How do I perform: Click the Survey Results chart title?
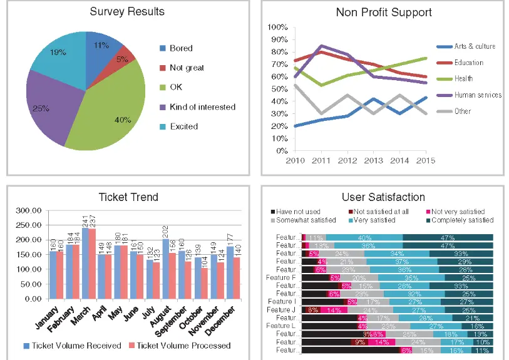pos(127,11)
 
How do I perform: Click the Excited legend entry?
pos(183,126)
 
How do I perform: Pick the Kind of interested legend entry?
pos(202,107)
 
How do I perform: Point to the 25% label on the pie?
pos(41,108)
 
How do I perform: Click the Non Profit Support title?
pos(384,12)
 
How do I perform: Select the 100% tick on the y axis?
pos(277,28)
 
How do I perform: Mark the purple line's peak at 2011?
pos(321,46)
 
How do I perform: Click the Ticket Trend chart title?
pos(128,197)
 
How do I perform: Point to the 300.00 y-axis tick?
pos(27,210)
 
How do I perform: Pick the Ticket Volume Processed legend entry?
pos(183,346)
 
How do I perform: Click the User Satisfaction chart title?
pos(383,197)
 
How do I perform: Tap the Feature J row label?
pos(280,310)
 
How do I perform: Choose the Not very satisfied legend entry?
pos(458,212)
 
